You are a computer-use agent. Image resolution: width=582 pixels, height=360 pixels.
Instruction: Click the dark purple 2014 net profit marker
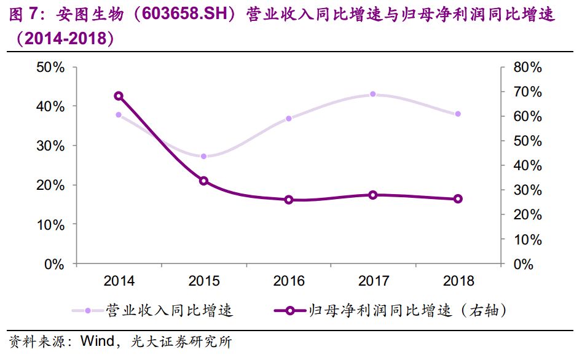point(119,96)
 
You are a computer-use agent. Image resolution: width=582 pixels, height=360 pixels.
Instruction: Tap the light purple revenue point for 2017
point(373,94)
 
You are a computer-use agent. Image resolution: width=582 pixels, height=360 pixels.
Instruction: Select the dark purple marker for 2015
point(203,181)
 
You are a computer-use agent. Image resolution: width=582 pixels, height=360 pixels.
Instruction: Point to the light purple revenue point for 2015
point(203,156)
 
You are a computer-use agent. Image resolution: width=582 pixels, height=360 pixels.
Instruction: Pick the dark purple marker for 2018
point(458,198)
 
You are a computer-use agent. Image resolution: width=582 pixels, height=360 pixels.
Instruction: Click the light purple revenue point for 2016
point(288,118)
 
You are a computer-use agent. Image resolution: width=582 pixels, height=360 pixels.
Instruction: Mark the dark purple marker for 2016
point(288,200)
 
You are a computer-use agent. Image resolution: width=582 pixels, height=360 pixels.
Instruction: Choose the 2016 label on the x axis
point(288,281)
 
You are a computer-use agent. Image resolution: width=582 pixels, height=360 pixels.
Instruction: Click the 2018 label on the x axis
point(458,281)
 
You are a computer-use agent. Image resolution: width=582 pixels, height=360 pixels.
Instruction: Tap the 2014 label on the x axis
point(119,281)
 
